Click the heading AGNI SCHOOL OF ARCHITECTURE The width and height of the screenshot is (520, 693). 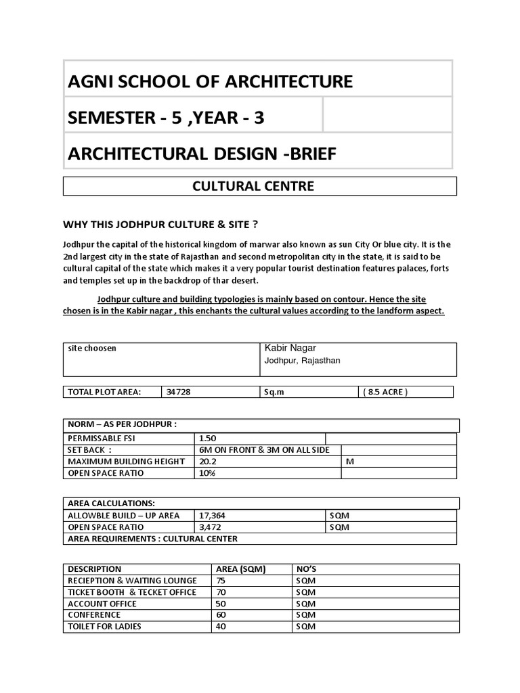[210, 82]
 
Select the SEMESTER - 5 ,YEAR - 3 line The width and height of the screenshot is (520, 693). [166, 118]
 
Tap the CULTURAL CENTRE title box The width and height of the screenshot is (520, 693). [260, 186]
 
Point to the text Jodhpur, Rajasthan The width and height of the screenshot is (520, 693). [302, 361]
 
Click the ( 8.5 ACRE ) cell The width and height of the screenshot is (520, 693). [385, 392]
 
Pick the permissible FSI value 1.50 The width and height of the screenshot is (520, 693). [208, 439]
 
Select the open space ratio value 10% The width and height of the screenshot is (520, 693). [207, 473]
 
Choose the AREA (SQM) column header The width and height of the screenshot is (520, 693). [240, 569]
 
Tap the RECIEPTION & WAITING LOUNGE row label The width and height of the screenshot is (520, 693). [133, 581]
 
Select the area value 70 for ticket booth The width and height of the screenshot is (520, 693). [221, 592]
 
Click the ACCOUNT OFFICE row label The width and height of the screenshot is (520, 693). [102, 604]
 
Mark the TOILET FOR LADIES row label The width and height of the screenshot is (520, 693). [105, 627]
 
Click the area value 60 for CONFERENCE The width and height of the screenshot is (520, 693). [221, 615]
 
